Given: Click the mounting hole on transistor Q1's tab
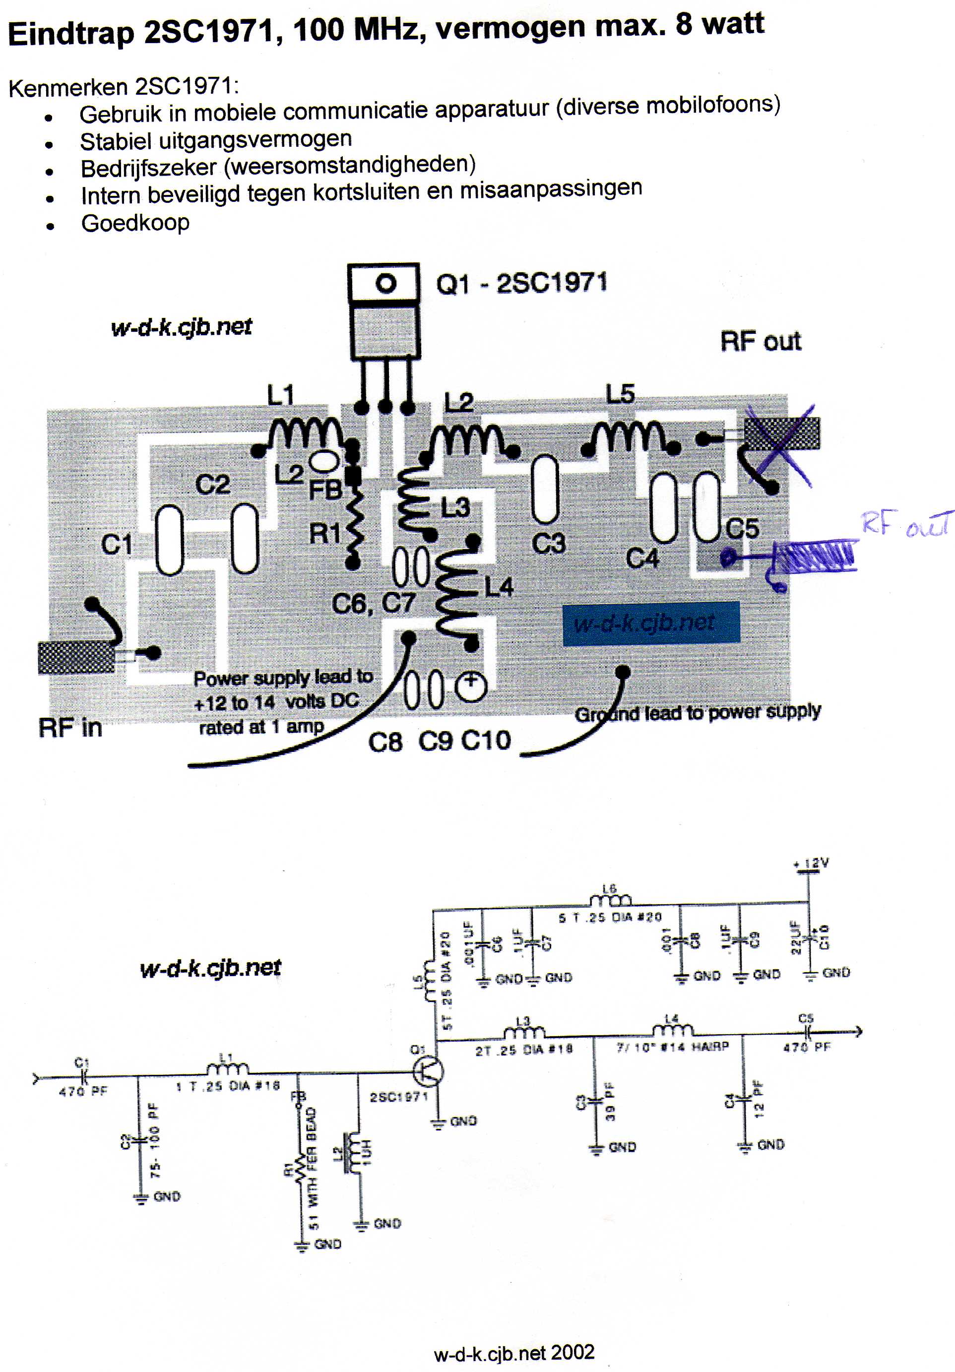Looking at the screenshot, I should tap(385, 283).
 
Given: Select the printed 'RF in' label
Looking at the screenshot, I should tap(70, 727).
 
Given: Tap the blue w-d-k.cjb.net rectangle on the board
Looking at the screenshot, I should tap(651, 623).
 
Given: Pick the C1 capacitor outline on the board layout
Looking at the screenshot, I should tap(170, 540).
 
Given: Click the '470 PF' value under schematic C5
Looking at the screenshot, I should tap(806, 1047).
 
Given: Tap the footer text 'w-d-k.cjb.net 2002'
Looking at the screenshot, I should tap(514, 1352).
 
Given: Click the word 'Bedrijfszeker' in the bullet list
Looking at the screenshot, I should tap(148, 168).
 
